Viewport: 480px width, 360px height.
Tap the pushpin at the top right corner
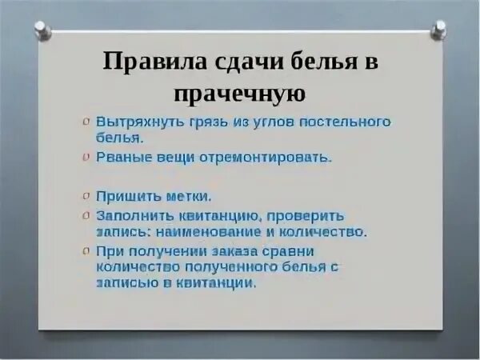coord(438,30)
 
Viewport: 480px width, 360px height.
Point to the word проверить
coord(306,215)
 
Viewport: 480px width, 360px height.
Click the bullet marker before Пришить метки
coord(86,195)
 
